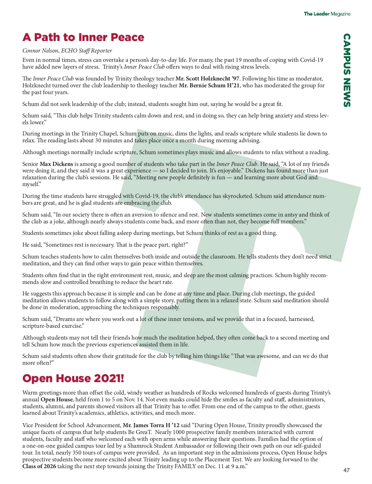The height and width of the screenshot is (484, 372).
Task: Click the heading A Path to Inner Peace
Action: point(83,37)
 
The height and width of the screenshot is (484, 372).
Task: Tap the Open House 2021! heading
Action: point(73,378)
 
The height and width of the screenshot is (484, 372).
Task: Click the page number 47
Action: point(346,470)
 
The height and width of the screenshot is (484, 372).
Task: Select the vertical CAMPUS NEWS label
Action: point(347,70)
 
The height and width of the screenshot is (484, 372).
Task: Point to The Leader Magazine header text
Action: point(327,14)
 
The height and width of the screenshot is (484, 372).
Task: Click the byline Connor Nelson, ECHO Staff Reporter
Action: point(67,51)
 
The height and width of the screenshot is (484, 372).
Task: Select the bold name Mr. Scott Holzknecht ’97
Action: point(207,79)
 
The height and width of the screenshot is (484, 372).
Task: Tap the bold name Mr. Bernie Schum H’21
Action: point(209,85)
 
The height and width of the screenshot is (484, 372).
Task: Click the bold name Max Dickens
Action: point(56,164)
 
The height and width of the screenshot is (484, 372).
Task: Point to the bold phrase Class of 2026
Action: point(39,466)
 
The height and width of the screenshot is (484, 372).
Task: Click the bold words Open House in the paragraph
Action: point(57,400)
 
